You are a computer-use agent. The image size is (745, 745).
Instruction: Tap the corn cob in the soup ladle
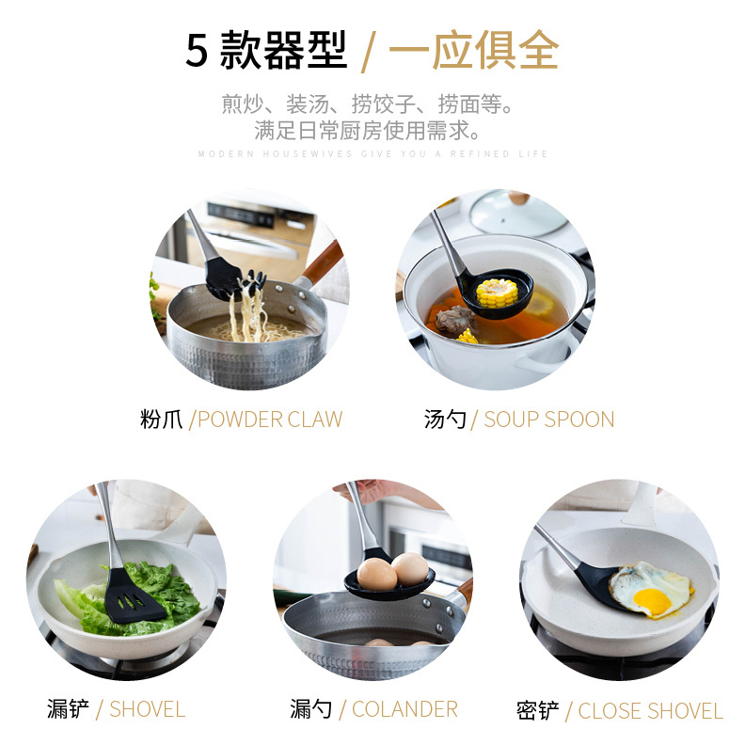tap(497, 293)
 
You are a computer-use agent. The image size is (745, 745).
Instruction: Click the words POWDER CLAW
tap(270, 420)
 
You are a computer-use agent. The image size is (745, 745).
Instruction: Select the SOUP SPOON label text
tap(548, 420)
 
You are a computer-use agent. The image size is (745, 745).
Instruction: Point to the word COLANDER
tap(404, 709)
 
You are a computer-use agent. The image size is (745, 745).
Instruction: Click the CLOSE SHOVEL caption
tap(650, 711)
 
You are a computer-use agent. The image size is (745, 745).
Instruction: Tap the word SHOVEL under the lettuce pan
tap(148, 709)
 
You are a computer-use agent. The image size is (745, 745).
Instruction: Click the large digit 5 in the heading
tap(197, 51)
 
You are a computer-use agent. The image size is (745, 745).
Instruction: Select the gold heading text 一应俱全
tap(474, 50)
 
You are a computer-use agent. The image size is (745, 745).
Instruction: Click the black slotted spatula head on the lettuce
tap(132, 596)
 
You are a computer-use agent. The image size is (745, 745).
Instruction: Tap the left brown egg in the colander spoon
tap(377, 575)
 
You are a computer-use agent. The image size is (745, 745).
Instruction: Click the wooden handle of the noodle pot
tap(322, 262)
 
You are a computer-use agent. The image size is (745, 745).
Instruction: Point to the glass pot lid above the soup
tap(518, 212)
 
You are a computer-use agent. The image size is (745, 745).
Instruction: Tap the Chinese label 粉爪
tap(161, 420)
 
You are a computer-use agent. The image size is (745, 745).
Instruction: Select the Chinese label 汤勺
tap(445, 420)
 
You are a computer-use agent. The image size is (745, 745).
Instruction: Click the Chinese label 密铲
tap(538, 711)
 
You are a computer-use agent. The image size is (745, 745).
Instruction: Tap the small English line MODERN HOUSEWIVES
tap(275, 154)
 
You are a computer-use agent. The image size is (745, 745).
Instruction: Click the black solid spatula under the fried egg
tap(599, 587)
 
